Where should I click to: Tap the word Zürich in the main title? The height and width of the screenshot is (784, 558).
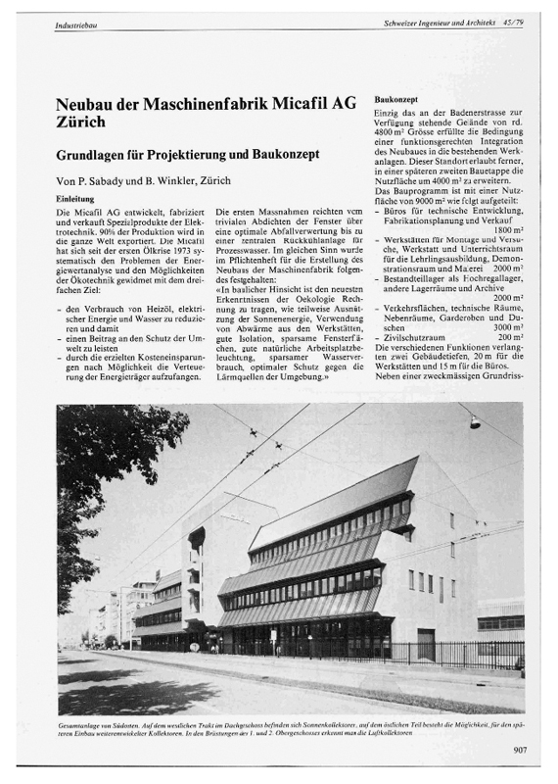point(81,124)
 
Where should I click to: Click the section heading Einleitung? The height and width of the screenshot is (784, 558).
point(77,198)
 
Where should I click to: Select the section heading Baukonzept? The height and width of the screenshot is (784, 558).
point(398,101)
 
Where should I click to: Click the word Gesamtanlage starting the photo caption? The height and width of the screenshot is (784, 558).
point(83,726)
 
